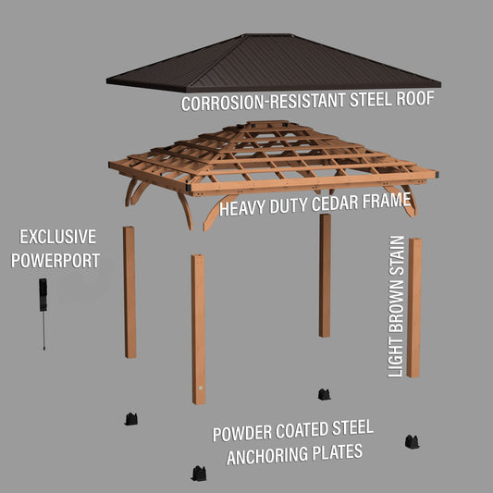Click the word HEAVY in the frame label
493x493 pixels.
(242, 208)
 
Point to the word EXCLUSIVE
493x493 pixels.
(58, 237)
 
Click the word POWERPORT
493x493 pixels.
(55, 261)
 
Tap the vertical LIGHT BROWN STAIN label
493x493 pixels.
(396, 306)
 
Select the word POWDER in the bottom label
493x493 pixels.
(242, 434)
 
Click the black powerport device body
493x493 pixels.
(43, 295)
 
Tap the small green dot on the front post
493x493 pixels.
(201, 388)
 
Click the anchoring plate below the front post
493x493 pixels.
(199, 474)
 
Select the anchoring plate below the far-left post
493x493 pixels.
(131, 419)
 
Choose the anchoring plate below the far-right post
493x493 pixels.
(412, 442)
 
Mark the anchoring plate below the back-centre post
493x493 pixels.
(324, 394)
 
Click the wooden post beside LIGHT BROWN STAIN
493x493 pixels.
(414, 308)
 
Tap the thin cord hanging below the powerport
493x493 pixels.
(43, 330)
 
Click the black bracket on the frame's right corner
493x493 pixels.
(437, 174)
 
